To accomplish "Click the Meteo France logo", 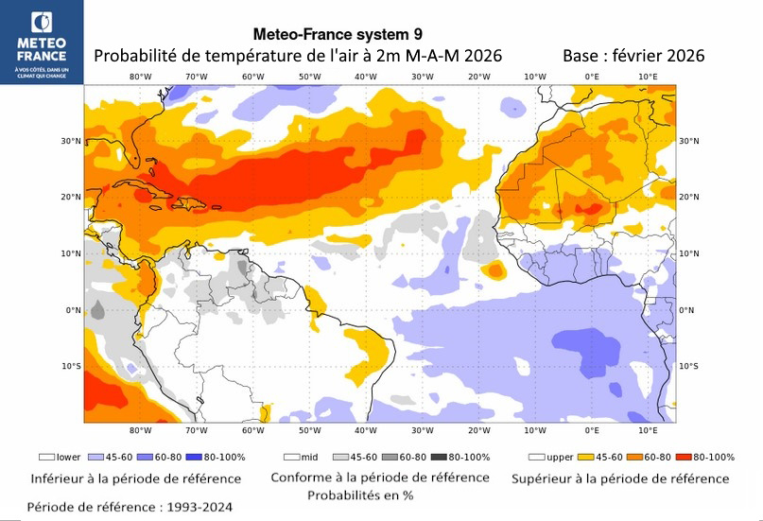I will (x=42, y=42).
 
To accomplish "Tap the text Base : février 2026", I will (x=633, y=56).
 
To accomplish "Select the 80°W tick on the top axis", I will (x=141, y=77).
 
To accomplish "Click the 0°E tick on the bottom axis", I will (x=592, y=432).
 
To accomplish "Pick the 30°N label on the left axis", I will (x=69, y=141).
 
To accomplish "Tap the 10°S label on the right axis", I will (x=689, y=366).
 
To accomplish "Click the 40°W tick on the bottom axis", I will (x=366, y=432).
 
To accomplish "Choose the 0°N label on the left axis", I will (x=72, y=310).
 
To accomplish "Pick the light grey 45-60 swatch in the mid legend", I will (x=338, y=457).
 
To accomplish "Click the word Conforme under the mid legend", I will (x=302, y=478).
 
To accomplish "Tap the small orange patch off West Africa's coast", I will (x=494, y=271).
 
